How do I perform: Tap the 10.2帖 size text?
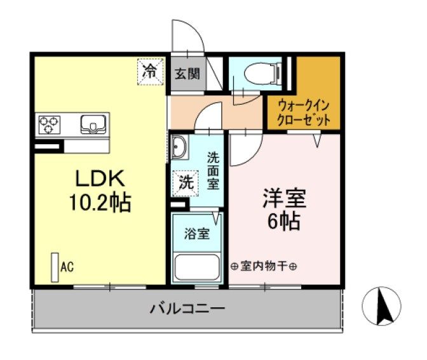point(100,203)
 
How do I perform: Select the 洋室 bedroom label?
point(285,199)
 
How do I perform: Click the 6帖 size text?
point(285,222)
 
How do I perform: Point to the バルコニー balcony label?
point(187,310)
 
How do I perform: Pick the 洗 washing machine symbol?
point(186,183)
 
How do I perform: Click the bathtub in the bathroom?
point(197,268)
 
